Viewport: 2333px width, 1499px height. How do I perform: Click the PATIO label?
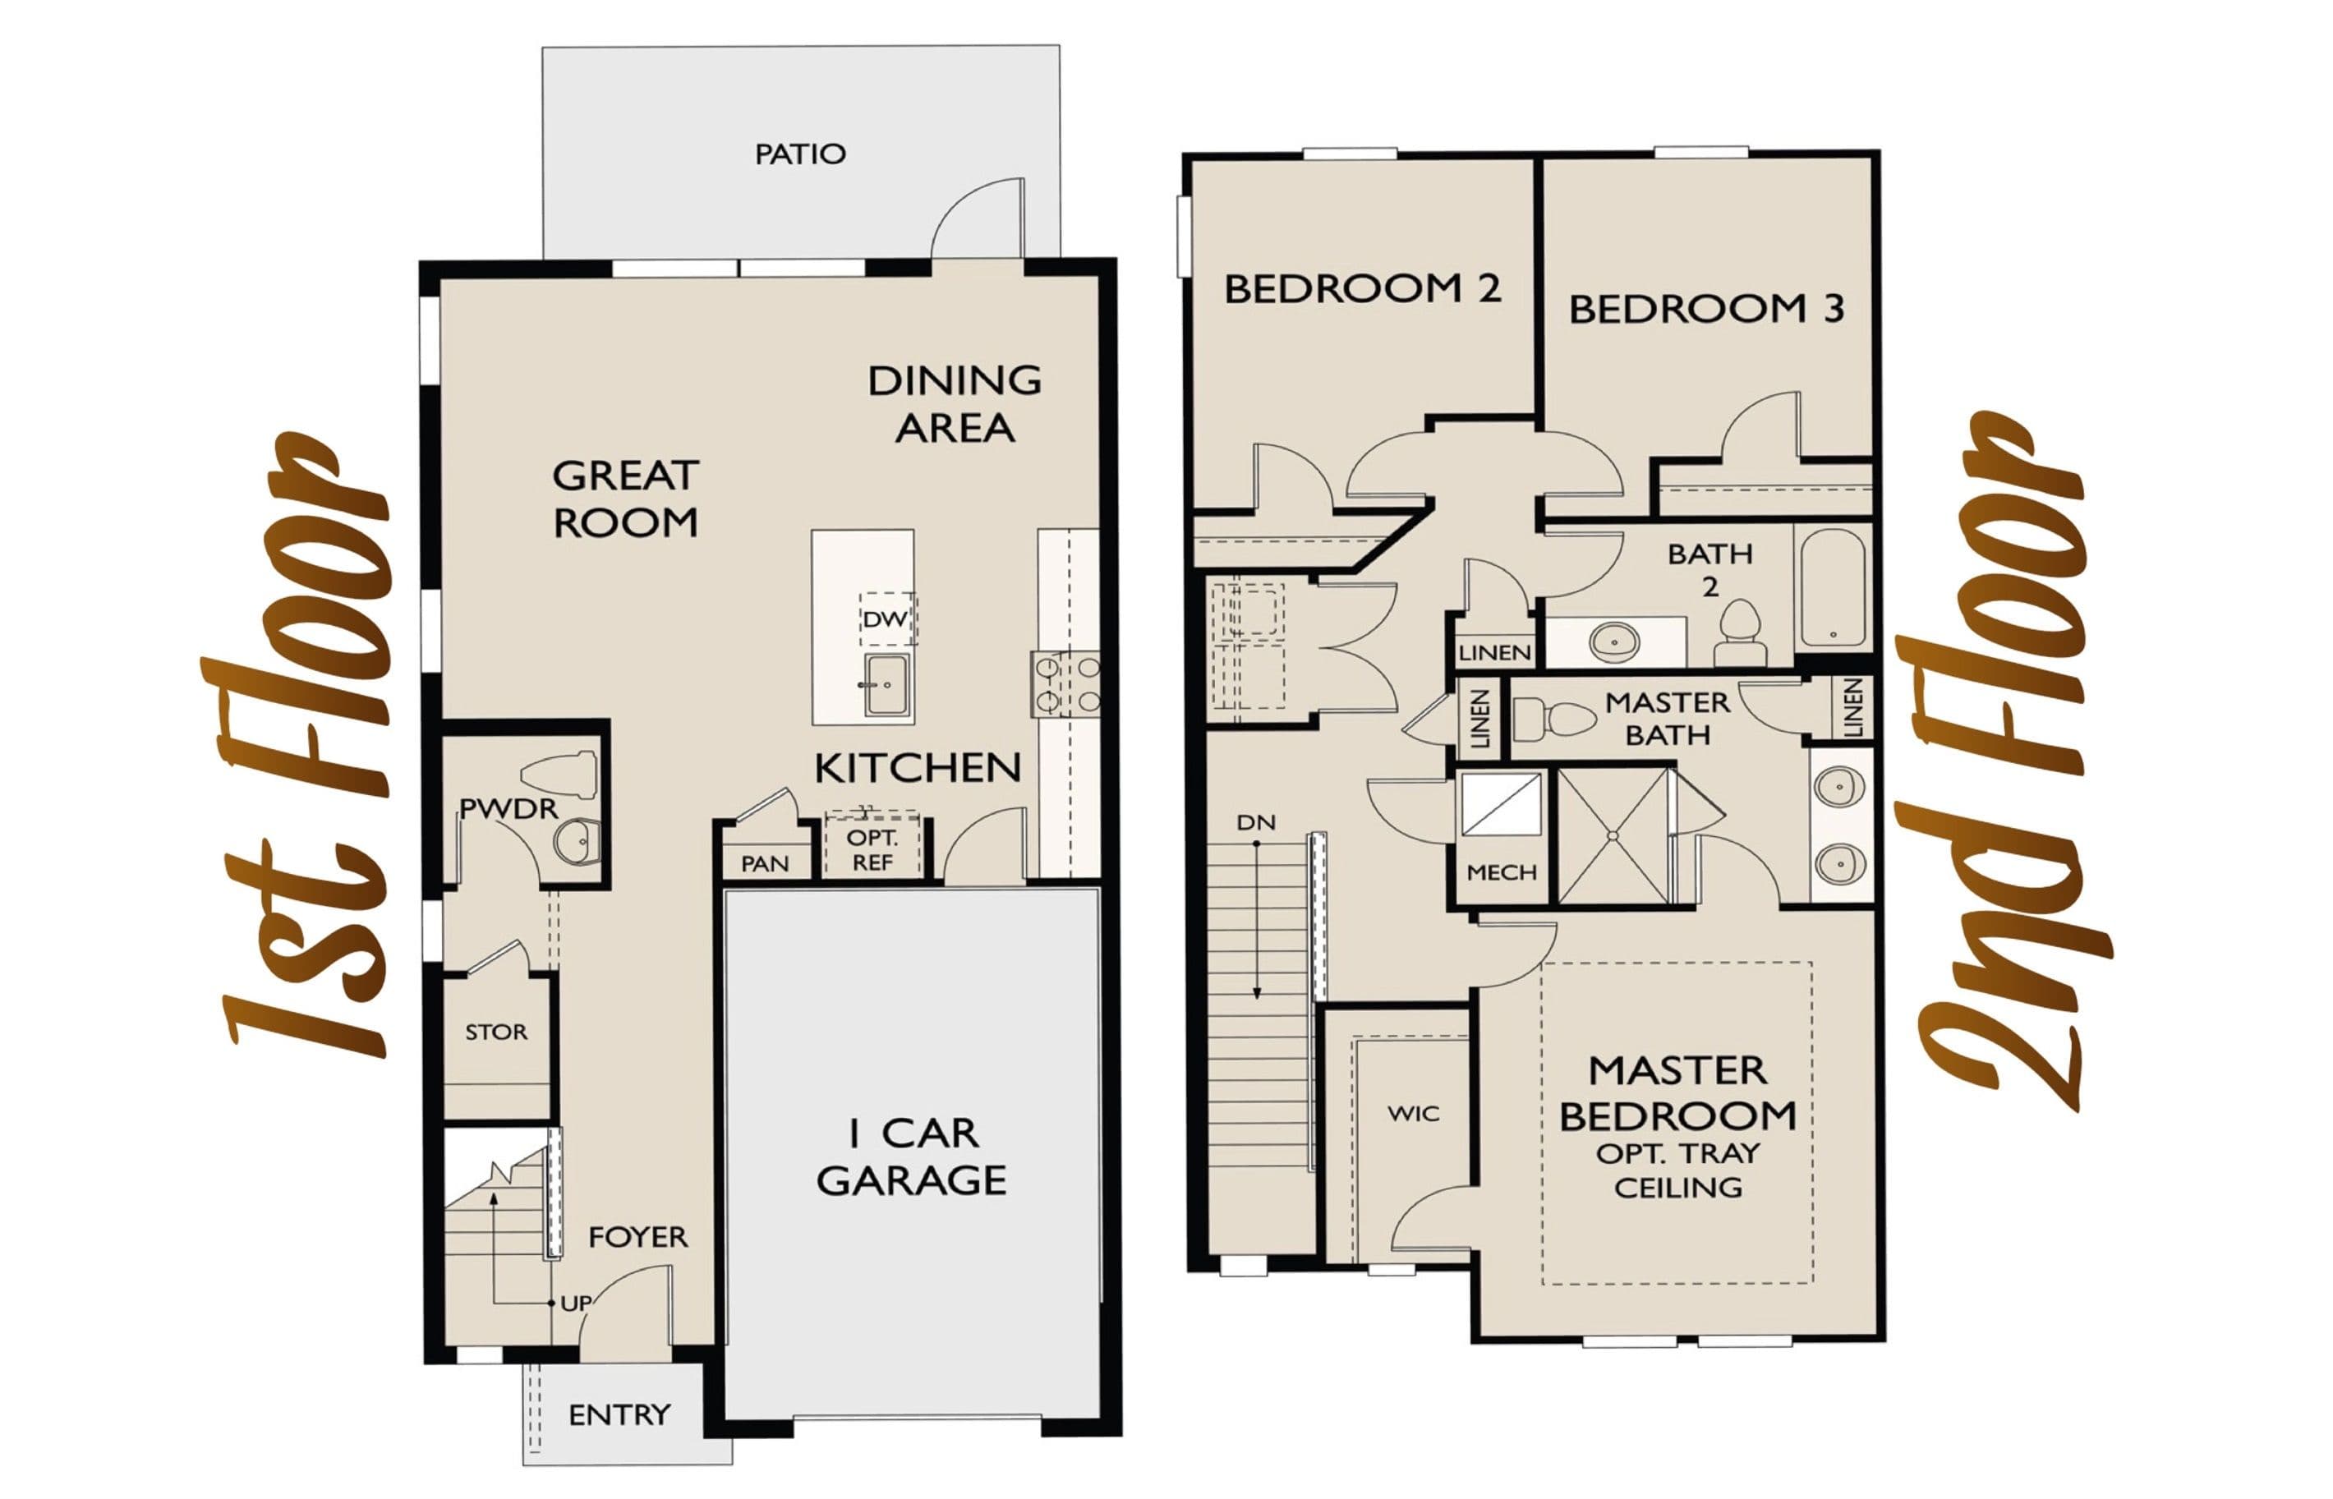[800, 154]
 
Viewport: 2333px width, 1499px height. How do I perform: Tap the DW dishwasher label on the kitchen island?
[885, 619]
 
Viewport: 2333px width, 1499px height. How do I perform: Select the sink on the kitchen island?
[886, 685]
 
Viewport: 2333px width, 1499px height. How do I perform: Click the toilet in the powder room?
[559, 775]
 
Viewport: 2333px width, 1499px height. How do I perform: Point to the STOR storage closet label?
[496, 1032]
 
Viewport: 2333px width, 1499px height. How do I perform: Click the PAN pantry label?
[764, 864]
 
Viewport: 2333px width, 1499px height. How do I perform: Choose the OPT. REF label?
[872, 850]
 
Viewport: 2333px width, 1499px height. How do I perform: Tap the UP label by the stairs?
[575, 1304]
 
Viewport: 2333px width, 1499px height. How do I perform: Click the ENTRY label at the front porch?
[619, 1414]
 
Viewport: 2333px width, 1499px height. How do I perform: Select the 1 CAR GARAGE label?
[912, 1157]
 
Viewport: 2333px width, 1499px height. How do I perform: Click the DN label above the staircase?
[1255, 822]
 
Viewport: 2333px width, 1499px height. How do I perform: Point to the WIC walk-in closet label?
[1413, 1114]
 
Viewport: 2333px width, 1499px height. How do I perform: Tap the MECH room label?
[1502, 872]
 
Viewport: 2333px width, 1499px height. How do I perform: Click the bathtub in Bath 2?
[1833, 588]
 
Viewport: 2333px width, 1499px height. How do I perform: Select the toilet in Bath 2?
[1740, 632]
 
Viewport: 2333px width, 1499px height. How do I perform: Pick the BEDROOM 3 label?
[1706, 309]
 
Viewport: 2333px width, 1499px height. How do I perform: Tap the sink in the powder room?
[577, 840]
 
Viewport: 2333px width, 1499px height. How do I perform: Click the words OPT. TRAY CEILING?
[1678, 1170]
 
